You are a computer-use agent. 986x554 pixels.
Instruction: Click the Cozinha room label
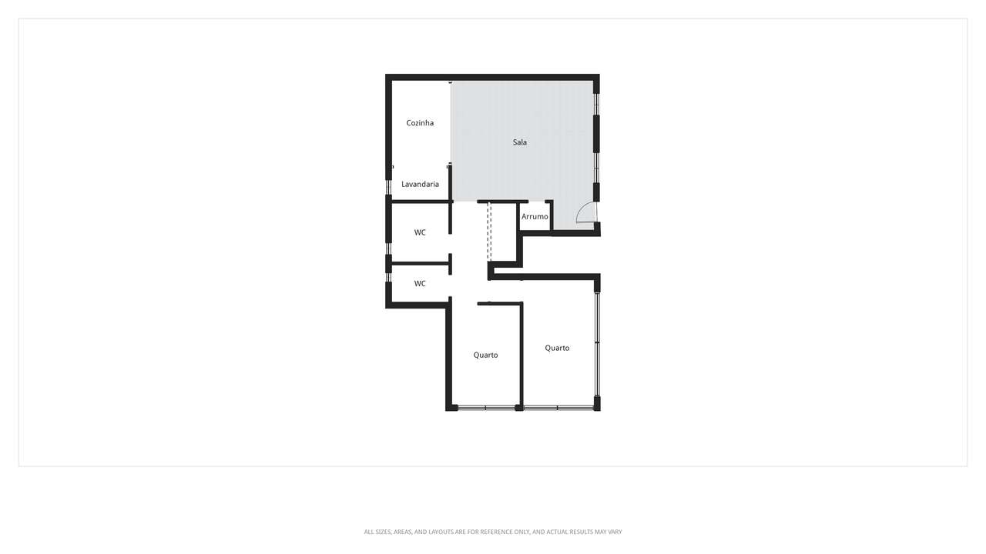click(420, 123)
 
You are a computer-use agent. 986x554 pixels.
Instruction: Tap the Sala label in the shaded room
click(520, 142)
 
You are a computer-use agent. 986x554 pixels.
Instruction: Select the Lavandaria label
click(420, 185)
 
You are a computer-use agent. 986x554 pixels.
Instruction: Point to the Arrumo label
click(535, 217)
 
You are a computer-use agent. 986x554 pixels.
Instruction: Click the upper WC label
click(420, 232)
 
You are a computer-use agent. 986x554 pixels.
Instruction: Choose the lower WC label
click(420, 284)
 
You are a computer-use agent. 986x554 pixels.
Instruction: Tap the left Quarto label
click(485, 355)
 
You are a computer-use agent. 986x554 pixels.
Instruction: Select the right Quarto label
click(557, 349)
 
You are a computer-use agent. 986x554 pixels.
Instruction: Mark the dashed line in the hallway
click(489, 231)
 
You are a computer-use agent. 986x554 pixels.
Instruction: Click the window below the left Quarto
click(486, 407)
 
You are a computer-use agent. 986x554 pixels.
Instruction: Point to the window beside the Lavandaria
click(389, 187)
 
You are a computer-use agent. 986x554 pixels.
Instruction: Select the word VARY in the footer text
click(614, 532)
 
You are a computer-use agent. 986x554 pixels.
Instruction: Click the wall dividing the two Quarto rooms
click(522, 354)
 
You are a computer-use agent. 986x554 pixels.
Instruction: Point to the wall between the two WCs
click(421, 264)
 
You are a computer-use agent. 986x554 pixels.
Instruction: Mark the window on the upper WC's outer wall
click(389, 248)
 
